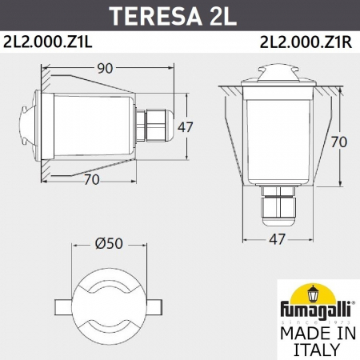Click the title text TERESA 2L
[x=179, y=16]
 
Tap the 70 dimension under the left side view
[x=91, y=180]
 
